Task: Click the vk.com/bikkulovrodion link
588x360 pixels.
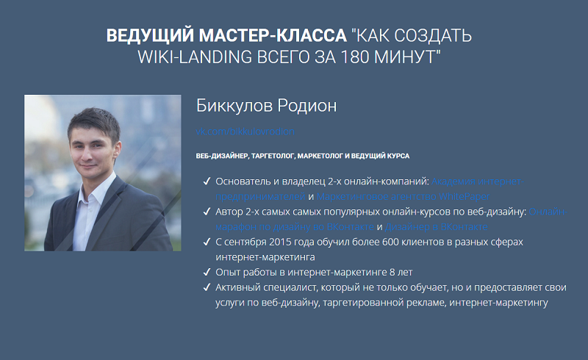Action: [245, 132]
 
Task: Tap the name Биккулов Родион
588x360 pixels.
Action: [266, 106]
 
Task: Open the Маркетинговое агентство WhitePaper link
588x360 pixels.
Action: [403, 196]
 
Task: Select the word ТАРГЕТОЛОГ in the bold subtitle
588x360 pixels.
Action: [270, 156]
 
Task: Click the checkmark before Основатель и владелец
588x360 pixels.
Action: [205, 181]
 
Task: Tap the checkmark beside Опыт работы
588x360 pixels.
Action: [205, 273]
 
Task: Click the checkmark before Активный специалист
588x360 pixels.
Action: [205, 287]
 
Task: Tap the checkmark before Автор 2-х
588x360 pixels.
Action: [205, 212]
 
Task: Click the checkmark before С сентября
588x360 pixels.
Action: [205, 242]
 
